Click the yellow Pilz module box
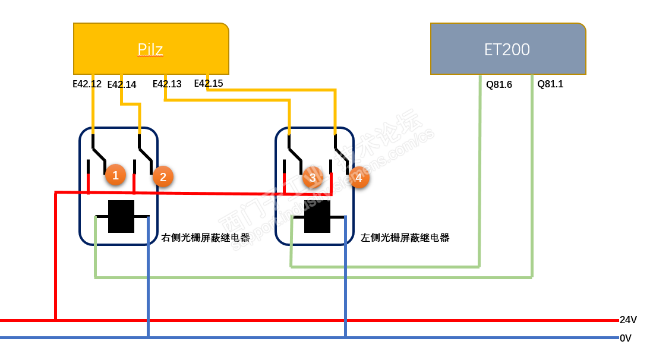151,49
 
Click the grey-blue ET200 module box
508,49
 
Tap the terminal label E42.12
87,84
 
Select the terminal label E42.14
122,85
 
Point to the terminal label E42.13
167,84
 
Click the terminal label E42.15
209,83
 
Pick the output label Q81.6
499,84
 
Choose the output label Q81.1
550,84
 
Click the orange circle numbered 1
115,175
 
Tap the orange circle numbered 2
163,177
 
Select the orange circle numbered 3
313,178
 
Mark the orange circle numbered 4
358,178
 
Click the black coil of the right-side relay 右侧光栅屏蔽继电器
121,216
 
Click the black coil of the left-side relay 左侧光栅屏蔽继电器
317,217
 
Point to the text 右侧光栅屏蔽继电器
206,238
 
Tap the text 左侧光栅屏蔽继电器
405,238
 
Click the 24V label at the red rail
628,320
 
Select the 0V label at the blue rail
626,338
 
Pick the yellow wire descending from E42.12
93,105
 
